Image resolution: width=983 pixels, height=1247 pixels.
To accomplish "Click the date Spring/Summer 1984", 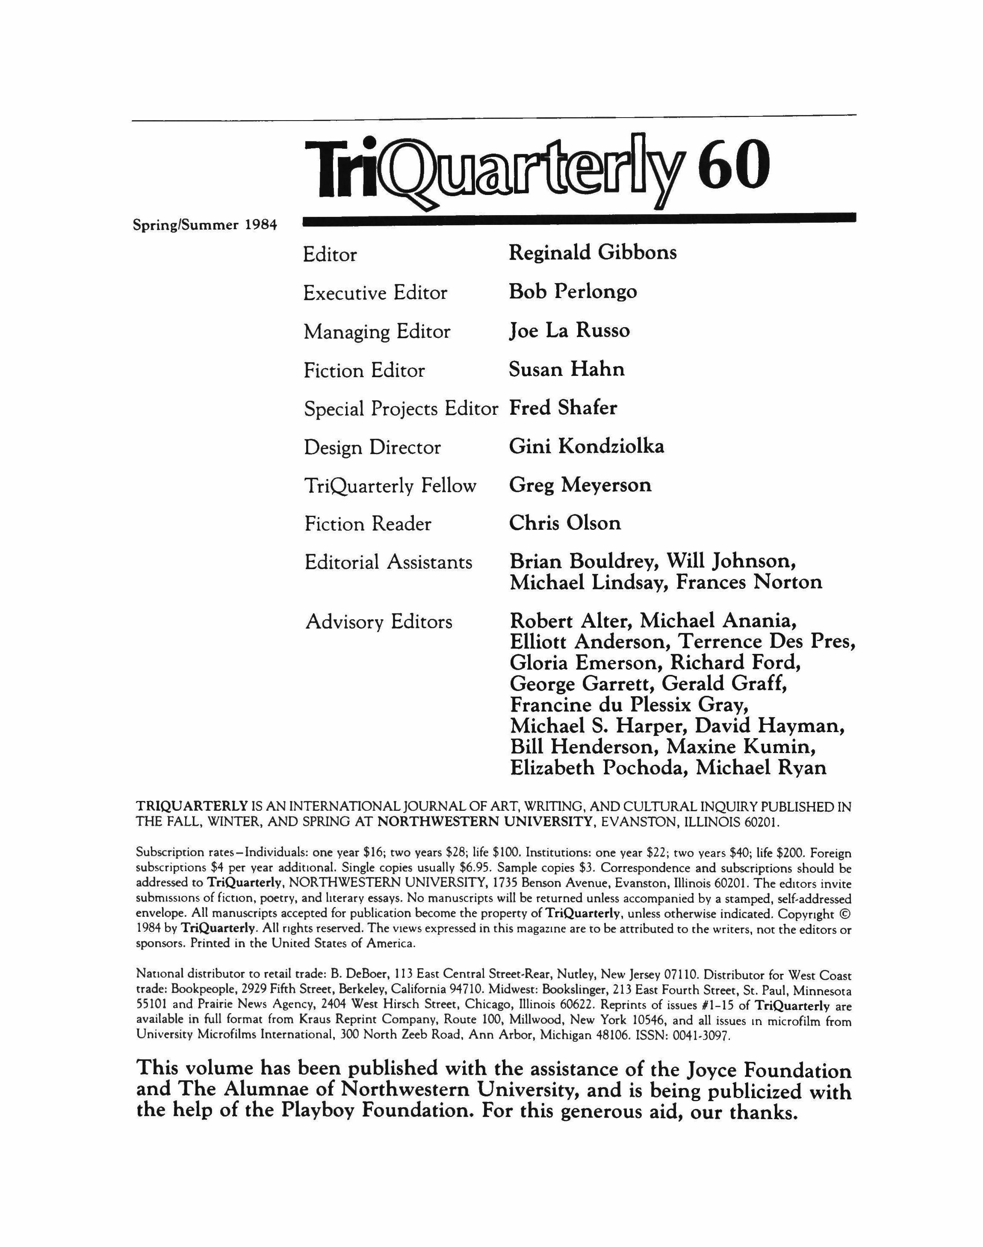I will click(205, 225).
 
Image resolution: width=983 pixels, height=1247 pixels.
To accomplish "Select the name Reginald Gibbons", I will click(593, 253).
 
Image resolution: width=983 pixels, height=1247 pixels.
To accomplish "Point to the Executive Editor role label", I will click(375, 293).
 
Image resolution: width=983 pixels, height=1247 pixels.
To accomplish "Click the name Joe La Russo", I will click(569, 331).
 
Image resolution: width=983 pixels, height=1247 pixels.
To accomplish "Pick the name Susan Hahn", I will click(566, 369).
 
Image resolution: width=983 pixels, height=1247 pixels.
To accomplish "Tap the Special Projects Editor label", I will click(401, 409).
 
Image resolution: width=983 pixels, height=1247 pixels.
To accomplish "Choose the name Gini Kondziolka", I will click(587, 446).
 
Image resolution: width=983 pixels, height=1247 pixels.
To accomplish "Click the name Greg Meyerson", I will click(580, 485).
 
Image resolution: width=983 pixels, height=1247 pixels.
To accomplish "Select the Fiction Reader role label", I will click(368, 524).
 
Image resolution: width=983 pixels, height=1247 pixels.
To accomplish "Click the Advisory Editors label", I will click(379, 622).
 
